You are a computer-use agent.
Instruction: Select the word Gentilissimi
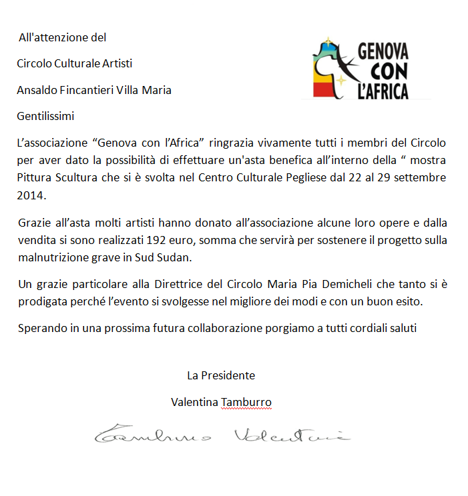click(45, 117)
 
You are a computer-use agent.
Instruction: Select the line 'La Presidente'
click(221, 375)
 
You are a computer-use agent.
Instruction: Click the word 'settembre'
click(423, 178)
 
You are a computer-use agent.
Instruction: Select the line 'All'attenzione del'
click(62, 37)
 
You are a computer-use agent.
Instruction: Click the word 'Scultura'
click(76, 178)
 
